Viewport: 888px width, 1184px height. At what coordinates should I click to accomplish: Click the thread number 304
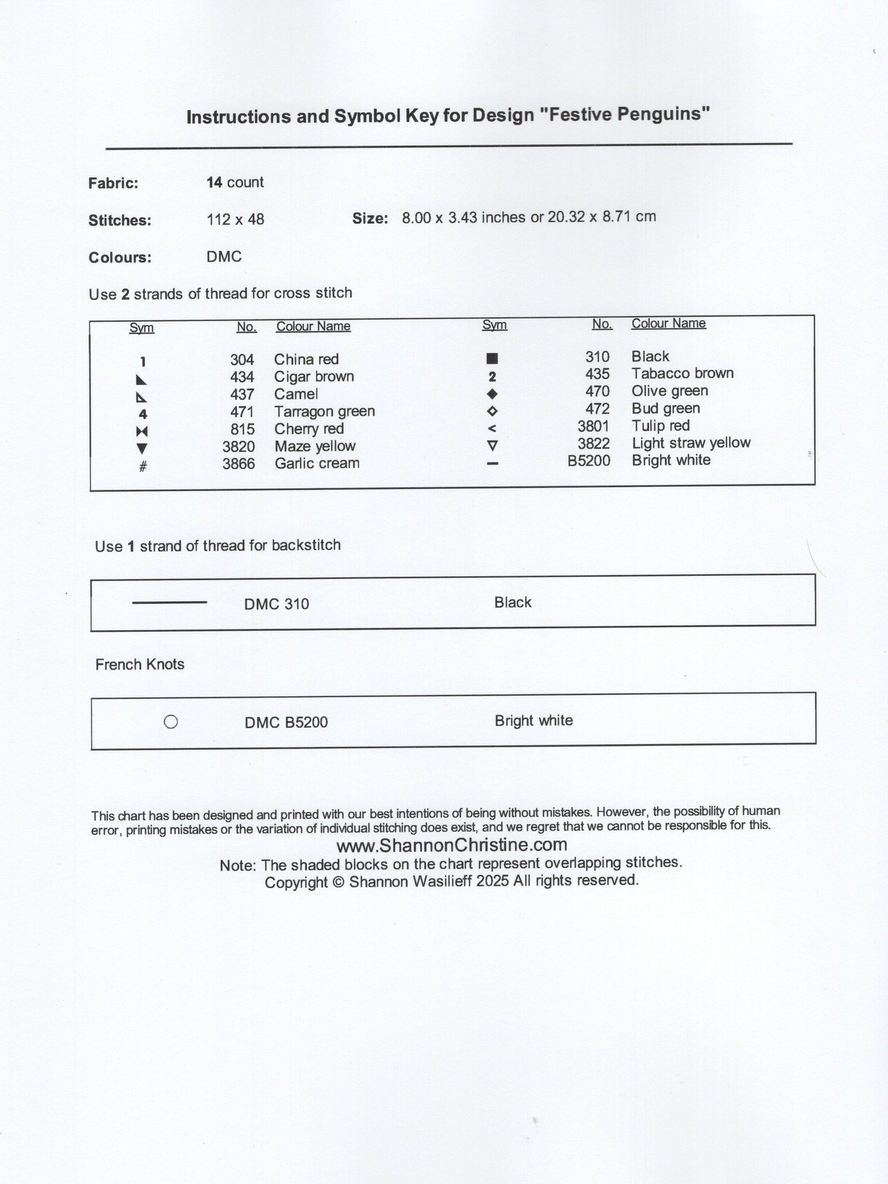pos(241,360)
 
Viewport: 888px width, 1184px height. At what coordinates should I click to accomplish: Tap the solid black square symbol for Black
pos(492,358)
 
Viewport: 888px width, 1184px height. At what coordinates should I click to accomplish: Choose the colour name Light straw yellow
pos(690,443)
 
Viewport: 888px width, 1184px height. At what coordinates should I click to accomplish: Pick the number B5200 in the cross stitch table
pos(588,461)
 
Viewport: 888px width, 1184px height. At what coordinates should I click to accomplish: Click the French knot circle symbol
pos(171,722)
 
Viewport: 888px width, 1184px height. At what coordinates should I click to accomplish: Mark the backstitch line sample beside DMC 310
pos(169,602)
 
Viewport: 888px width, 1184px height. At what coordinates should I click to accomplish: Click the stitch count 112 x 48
pos(235,220)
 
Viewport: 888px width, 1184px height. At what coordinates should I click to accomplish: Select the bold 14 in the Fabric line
pos(214,183)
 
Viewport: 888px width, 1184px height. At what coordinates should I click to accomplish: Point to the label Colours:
pos(120,257)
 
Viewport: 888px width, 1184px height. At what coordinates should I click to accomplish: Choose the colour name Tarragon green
pos(324,412)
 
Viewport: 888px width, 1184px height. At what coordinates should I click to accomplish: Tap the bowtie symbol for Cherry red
pos(142,431)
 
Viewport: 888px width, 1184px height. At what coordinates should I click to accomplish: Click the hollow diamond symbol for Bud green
pos(492,411)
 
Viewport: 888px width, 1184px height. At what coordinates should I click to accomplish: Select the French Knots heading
pos(140,664)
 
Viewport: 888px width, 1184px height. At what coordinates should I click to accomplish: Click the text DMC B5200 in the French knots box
pos(286,723)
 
